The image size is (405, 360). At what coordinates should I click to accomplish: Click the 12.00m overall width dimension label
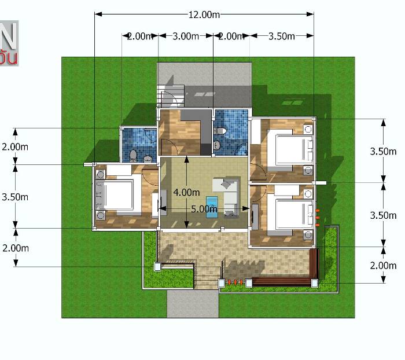pyautogui.click(x=204, y=14)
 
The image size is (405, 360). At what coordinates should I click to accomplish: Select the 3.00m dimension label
pyautogui.click(x=186, y=36)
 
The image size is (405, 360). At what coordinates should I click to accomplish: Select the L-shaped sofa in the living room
pyautogui.click(x=228, y=194)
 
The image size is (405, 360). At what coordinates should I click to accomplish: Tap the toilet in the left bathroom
pyautogui.click(x=133, y=155)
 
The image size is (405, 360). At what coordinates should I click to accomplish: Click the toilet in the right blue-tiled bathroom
pyautogui.click(x=219, y=130)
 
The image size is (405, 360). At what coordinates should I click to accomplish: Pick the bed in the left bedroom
pyautogui.click(x=119, y=196)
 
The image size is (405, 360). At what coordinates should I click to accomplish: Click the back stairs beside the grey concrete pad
pyautogui.click(x=171, y=95)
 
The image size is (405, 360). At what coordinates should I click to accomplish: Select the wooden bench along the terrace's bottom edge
pyautogui.click(x=281, y=282)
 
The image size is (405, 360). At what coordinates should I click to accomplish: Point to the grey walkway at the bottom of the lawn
pyautogui.click(x=193, y=304)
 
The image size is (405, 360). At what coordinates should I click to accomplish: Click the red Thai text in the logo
pyautogui.click(x=9, y=57)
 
